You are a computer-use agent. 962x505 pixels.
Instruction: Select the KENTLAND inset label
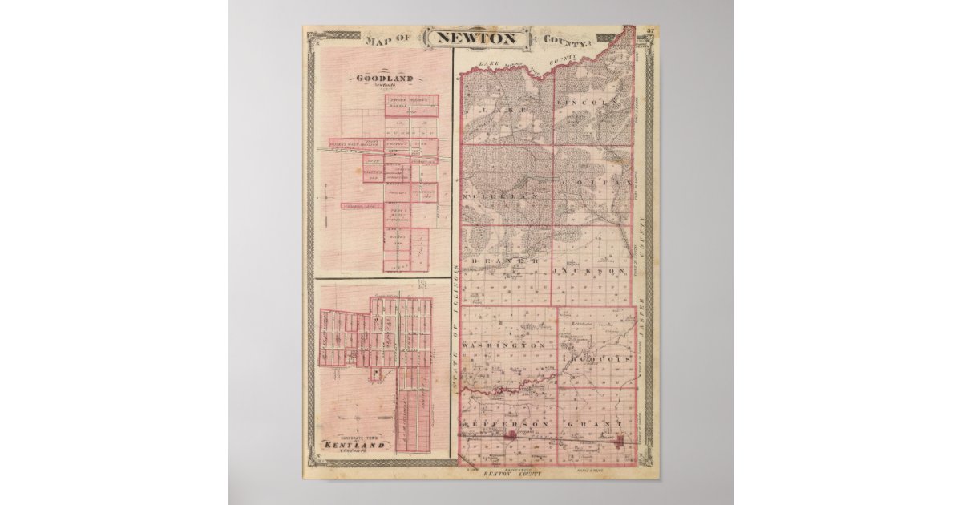(354, 443)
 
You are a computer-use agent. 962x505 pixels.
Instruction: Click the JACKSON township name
(591, 272)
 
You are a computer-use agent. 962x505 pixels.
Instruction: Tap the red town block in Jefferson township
(510, 435)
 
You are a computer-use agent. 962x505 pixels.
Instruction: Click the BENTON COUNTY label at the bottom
(513, 475)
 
